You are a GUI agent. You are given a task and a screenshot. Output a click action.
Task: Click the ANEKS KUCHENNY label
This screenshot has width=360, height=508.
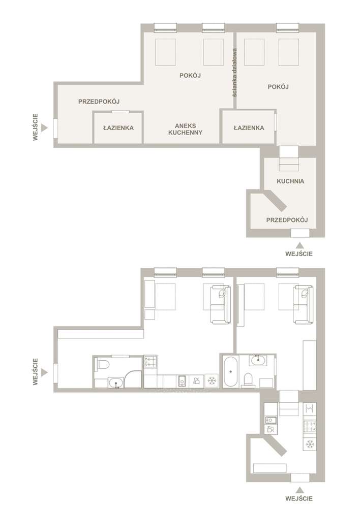click(185, 129)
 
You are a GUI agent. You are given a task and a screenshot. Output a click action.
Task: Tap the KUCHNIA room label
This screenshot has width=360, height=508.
click(290, 181)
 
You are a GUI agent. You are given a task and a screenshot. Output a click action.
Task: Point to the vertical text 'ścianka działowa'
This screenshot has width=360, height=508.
click(234, 73)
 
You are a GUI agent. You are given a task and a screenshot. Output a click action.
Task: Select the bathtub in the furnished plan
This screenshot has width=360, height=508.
click(231, 371)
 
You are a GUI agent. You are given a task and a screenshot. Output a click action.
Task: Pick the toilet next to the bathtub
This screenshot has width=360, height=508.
click(248, 379)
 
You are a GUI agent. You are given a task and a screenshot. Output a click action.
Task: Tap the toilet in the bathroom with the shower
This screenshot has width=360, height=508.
click(103, 365)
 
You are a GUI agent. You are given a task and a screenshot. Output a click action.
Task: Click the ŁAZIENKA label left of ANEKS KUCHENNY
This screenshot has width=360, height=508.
click(118, 128)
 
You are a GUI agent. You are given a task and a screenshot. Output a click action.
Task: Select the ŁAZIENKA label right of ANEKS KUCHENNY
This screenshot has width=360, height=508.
click(249, 128)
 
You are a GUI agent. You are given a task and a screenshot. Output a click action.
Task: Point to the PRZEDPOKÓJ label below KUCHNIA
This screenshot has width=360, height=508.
click(287, 220)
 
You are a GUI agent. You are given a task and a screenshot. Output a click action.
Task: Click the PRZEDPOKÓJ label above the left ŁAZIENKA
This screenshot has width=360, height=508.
click(99, 102)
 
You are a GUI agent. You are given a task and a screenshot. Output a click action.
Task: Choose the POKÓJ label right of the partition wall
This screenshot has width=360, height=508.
click(278, 87)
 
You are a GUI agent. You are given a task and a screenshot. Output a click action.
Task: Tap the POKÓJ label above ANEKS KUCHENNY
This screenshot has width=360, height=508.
click(190, 76)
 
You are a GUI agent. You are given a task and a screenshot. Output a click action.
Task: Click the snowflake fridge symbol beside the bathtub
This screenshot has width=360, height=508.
click(212, 380)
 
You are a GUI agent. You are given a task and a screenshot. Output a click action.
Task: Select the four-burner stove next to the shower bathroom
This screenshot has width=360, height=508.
click(151, 362)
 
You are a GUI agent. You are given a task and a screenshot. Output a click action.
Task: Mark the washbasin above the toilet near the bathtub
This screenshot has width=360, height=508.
click(258, 360)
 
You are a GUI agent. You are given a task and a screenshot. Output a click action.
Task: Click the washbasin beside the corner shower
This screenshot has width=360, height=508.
click(116, 383)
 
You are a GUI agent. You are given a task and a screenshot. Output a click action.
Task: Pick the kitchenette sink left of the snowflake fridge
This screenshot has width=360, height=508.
click(182, 381)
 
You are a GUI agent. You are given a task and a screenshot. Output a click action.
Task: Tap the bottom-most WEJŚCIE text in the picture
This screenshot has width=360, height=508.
click(299, 499)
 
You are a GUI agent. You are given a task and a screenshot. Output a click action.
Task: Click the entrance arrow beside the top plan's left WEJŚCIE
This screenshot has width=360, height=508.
click(45, 129)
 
